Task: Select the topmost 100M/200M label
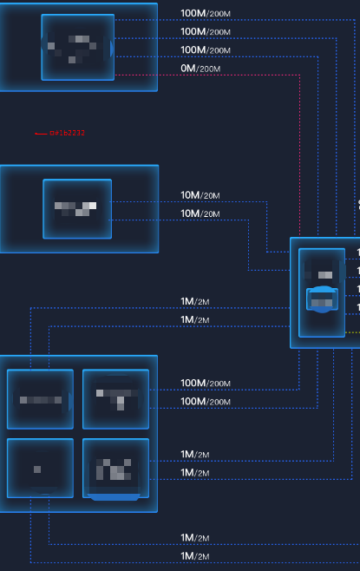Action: (x=205, y=14)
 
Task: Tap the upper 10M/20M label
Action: (x=200, y=195)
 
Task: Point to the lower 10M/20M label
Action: (x=200, y=213)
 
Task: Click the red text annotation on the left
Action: (x=67, y=133)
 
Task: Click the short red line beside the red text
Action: (x=40, y=134)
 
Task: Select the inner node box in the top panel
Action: (x=77, y=47)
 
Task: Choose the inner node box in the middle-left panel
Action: (x=77, y=208)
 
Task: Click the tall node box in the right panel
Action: (x=322, y=292)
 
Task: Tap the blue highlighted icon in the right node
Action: (x=322, y=298)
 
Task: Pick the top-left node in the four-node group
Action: (x=40, y=398)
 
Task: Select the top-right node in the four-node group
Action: (x=115, y=398)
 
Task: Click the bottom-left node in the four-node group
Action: (x=40, y=469)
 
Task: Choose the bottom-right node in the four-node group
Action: (x=115, y=469)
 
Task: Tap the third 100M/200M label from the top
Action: (x=205, y=50)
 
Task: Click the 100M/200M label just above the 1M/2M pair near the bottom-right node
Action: (x=205, y=402)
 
